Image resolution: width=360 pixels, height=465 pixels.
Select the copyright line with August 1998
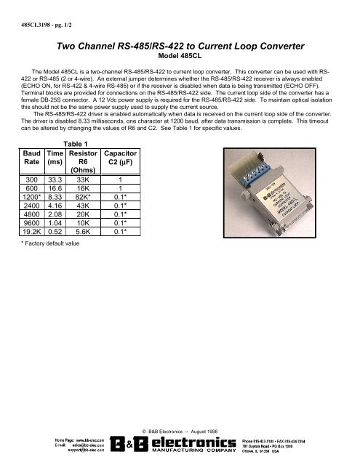(x=180, y=430)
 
